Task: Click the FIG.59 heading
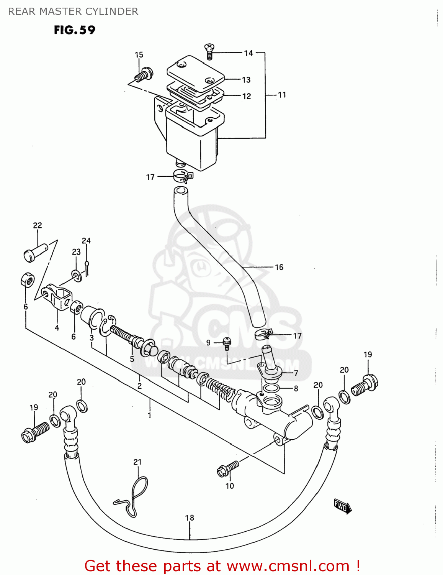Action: [x=74, y=30]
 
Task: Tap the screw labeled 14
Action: [x=209, y=51]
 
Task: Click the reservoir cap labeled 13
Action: [x=195, y=72]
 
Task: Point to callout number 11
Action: [x=282, y=95]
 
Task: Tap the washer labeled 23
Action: [x=77, y=275]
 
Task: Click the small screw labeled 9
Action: [x=227, y=342]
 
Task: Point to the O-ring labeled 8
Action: [x=271, y=389]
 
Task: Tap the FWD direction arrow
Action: [x=342, y=506]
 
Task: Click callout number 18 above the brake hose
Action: [x=190, y=517]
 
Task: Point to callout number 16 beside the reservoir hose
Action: [x=279, y=267]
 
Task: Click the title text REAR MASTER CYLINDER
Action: [x=73, y=11]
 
